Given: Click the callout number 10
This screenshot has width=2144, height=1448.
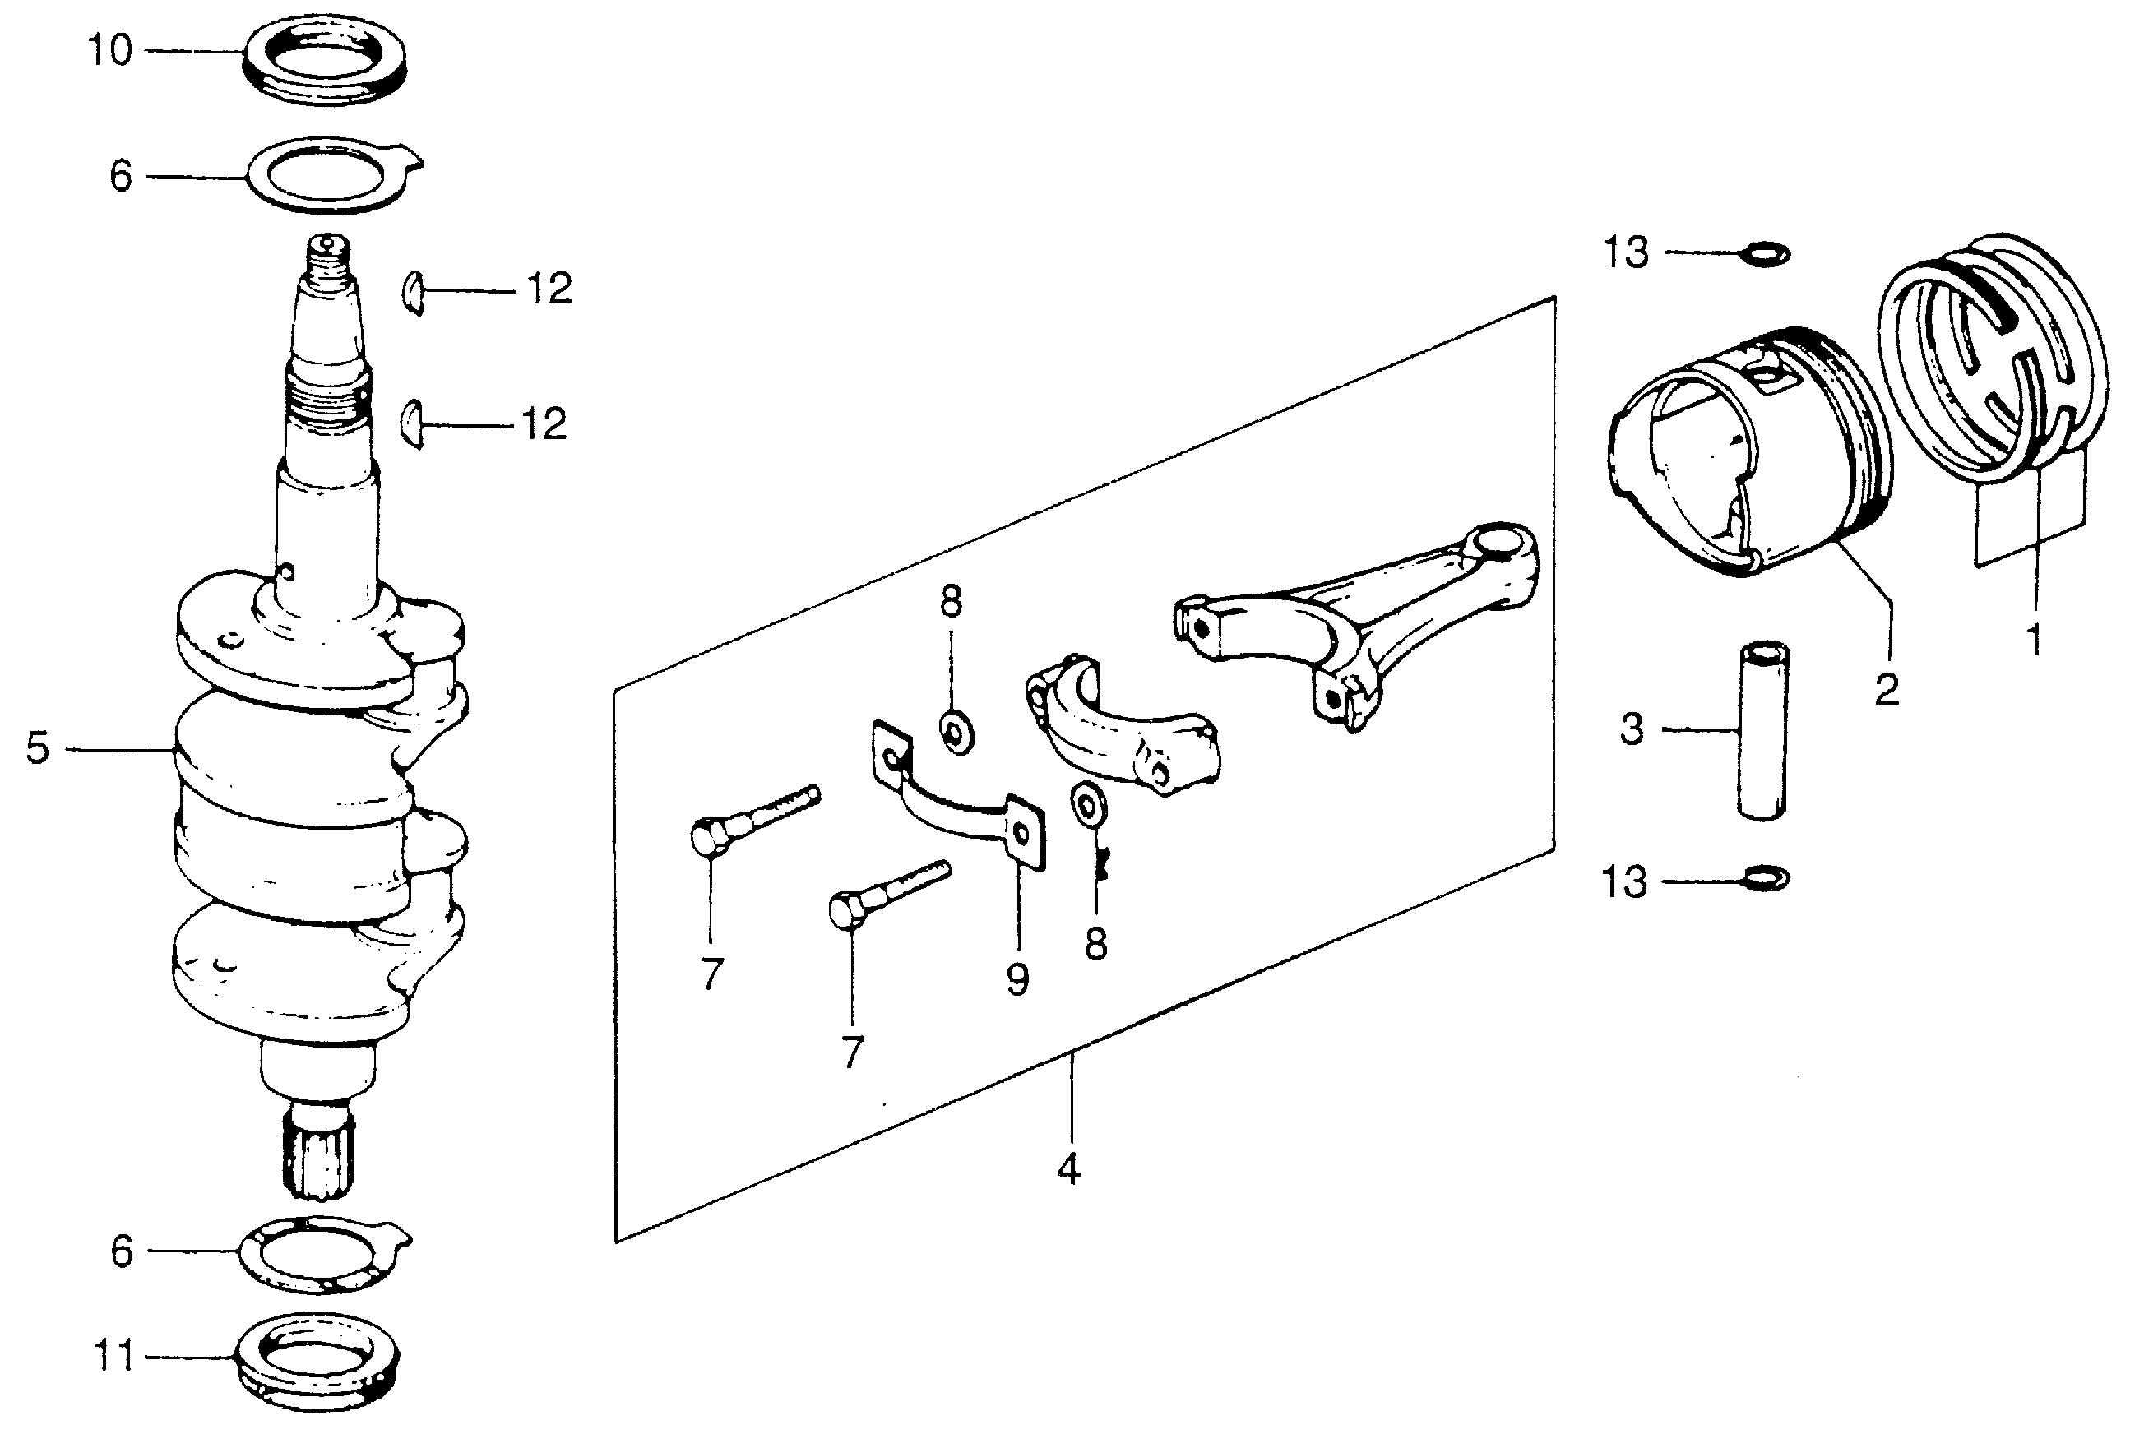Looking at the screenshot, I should (x=109, y=50).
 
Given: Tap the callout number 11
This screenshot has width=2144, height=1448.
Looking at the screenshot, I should (x=115, y=1357).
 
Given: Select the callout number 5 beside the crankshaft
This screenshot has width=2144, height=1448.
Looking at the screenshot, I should (x=37, y=748).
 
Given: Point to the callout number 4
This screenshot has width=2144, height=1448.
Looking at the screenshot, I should (x=1068, y=1169).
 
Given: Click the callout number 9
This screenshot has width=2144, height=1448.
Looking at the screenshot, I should (x=1016, y=980).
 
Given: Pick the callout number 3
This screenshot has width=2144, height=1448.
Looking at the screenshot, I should (x=1632, y=729).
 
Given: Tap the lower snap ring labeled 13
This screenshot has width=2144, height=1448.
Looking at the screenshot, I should (x=1764, y=878).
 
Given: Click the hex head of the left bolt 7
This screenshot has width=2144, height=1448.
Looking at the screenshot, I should (x=707, y=836).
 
